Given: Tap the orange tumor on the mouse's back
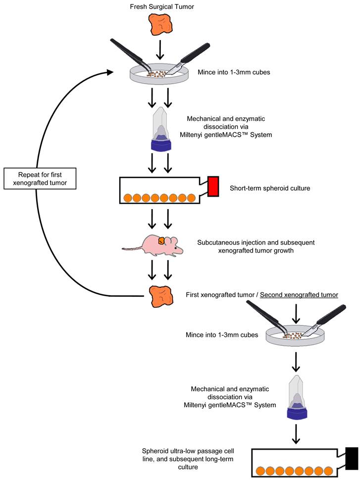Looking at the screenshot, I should point(162,240).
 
